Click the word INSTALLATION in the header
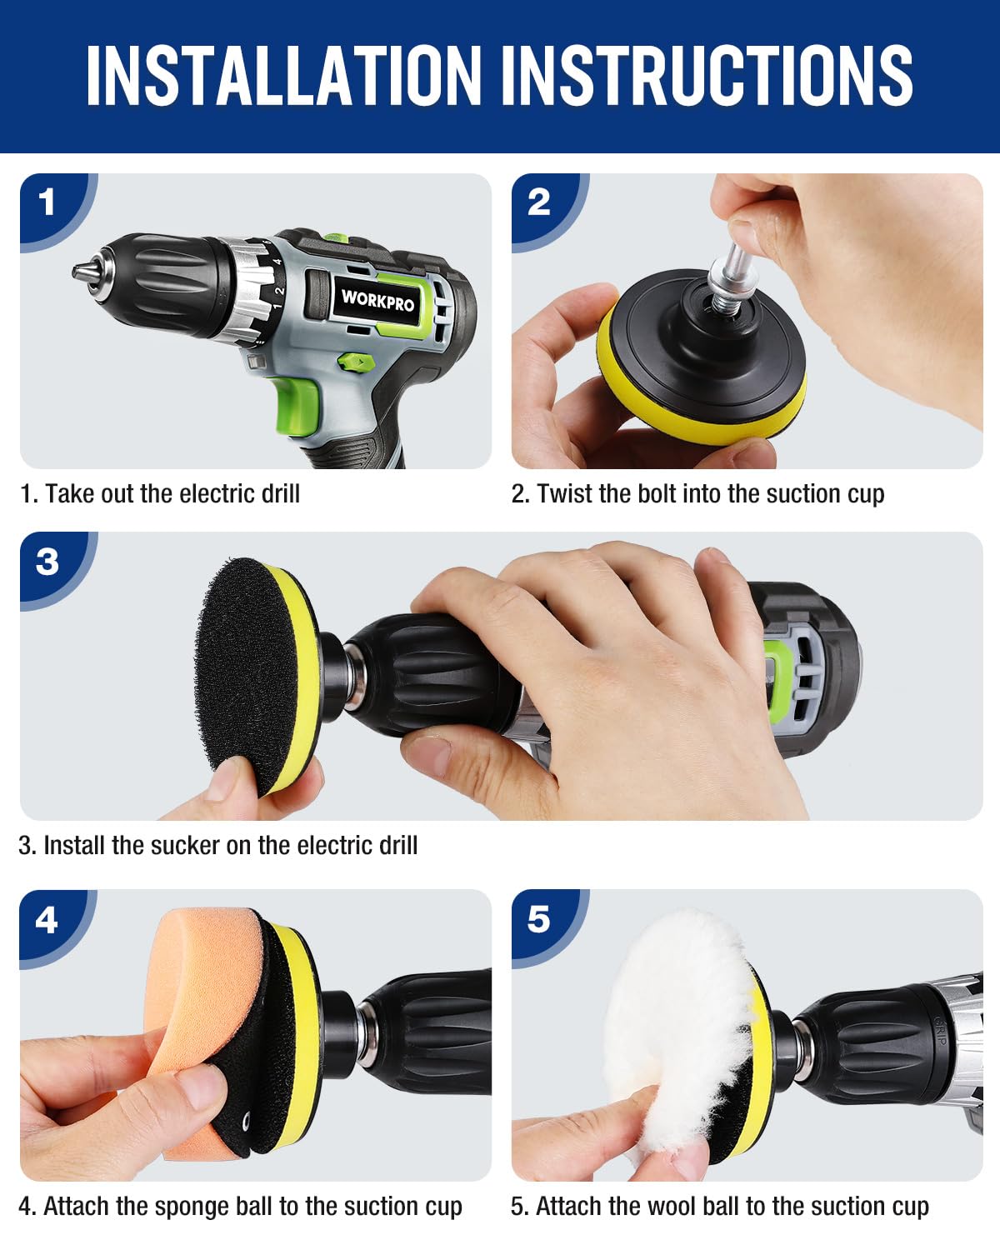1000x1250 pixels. pyautogui.click(x=284, y=76)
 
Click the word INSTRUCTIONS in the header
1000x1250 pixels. pyautogui.click(x=707, y=76)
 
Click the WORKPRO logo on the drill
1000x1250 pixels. pyautogui.click(x=377, y=300)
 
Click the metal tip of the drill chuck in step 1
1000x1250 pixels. pyautogui.click(x=83, y=271)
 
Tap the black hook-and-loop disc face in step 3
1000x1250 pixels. pyautogui.click(x=247, y=674)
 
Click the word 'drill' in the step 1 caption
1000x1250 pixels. pyautogui.click(x=281, y=493)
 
